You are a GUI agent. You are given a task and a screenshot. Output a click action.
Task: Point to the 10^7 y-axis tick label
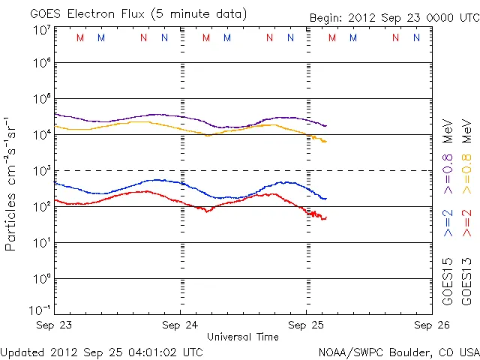coord(41,30)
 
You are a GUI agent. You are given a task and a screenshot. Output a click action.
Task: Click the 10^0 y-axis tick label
coord(41,278)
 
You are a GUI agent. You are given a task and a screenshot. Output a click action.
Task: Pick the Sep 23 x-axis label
coord(55,325)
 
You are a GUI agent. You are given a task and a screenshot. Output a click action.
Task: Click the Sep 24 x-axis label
coord(181,325)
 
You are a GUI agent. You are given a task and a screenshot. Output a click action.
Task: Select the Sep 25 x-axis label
coord(306,325)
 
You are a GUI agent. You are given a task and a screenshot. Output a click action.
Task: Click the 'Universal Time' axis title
coord(242,337)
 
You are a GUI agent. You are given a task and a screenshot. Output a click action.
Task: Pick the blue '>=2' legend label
coord(448,222)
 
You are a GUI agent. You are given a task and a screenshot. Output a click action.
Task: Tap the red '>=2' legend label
coord(467,222)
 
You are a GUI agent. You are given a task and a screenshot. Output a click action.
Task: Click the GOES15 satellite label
coord(448,281)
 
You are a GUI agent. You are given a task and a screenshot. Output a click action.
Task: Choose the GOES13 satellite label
coord(467,281)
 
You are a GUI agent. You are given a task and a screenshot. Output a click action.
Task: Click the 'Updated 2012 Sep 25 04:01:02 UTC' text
coord(101,351)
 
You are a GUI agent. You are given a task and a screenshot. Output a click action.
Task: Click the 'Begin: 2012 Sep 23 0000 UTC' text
coord(394,17)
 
